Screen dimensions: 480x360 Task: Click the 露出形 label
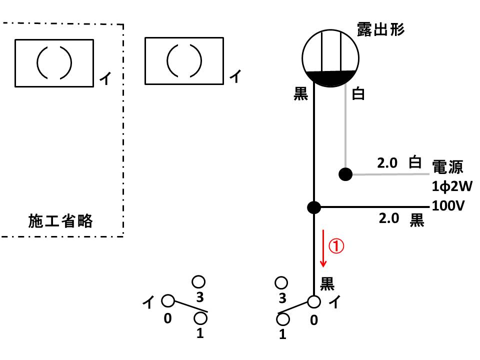[380, 29]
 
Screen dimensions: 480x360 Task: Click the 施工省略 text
[60, 221]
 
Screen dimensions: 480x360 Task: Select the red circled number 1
[336, 246]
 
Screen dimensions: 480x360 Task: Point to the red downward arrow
[323, 248]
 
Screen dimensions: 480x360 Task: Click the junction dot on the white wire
[345, 174]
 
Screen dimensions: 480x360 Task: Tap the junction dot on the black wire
[314, 207]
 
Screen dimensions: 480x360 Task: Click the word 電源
[447, 167]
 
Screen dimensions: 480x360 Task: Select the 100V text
[448, 205]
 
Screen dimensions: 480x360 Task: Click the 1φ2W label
[452, 186]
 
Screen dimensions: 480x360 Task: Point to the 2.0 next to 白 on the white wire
[387, 163]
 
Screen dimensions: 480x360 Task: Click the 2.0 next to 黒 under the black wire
[389, 218]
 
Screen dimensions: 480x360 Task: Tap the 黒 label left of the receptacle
[300, 93]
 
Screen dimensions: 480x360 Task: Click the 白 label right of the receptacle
[358, 93]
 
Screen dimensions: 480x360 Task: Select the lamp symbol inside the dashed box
[54, 63]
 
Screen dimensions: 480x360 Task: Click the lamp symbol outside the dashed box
[184, 61]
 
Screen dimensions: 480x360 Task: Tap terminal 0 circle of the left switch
[168, 300]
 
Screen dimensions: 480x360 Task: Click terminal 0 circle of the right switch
[314, 302]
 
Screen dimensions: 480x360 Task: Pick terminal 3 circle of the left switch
[198, 282]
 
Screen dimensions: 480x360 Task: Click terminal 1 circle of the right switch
[282, 319]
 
